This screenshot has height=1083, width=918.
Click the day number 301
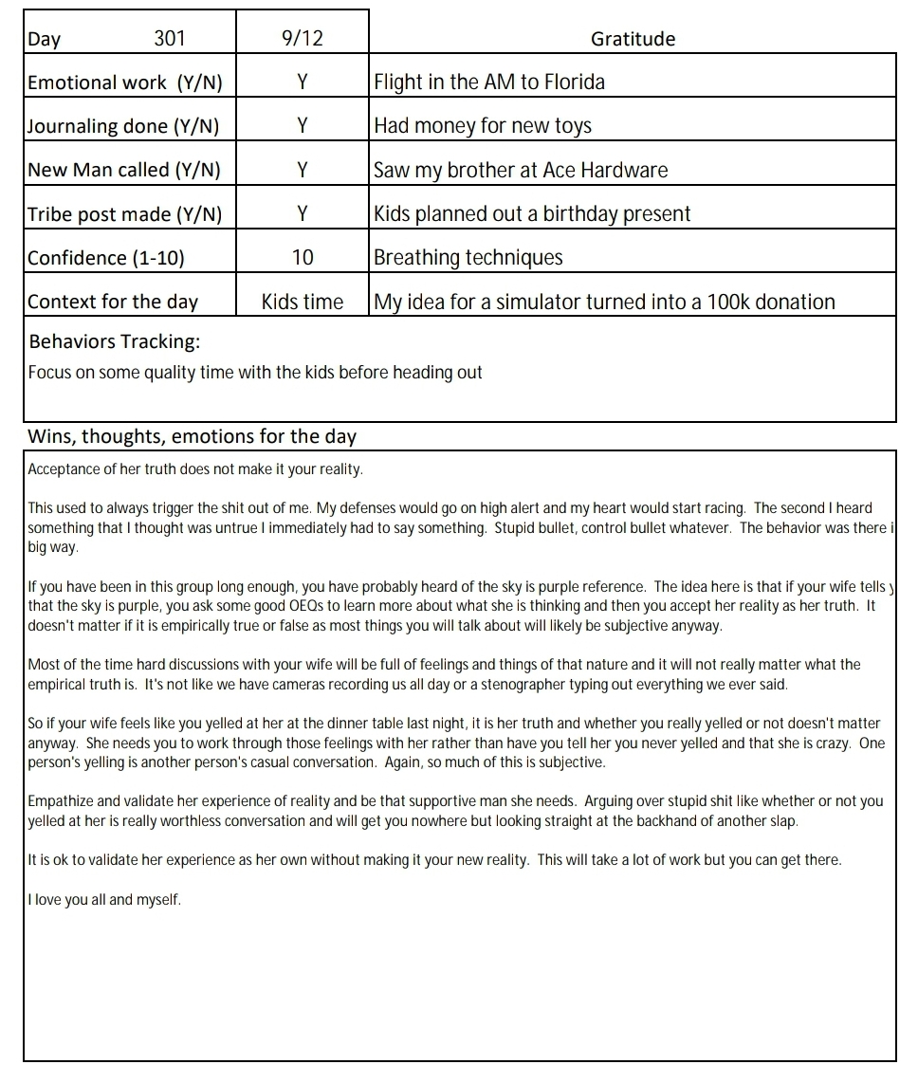point(170,39)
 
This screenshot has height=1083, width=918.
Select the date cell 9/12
point(302,39)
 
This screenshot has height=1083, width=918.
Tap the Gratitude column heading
point(633,39)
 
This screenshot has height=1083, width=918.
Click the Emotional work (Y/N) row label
point(125,83)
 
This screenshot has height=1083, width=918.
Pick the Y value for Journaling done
point(302,126)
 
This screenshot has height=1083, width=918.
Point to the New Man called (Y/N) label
point(124,171)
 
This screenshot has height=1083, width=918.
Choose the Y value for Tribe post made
point(302,214)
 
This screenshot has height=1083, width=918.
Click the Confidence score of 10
point(302,258)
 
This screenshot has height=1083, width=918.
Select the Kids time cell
point(302,303)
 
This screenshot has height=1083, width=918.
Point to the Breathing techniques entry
point(468,258)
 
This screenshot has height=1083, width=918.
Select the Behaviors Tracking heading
point(114,341)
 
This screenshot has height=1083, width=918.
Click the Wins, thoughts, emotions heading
point(193,437)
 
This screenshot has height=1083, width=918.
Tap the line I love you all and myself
point(104,900)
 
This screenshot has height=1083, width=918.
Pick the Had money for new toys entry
point(483,126)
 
